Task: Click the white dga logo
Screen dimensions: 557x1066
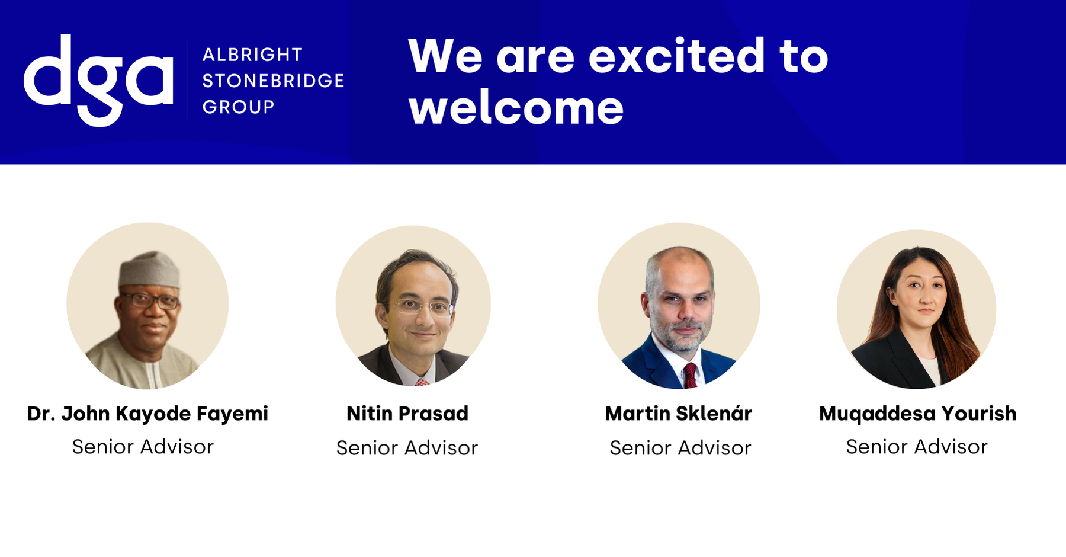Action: coord(98,79)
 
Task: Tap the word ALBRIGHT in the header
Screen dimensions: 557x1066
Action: coord(252,55)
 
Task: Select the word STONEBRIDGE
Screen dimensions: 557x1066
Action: coord(273,81)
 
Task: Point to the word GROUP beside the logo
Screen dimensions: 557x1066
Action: coord(238,107)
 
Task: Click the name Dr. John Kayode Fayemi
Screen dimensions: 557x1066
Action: coord(147,414)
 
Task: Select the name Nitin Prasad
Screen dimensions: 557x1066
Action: coord(407,414)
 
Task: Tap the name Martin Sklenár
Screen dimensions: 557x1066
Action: coord(679,414)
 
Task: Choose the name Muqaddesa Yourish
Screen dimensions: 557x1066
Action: coord(917,414)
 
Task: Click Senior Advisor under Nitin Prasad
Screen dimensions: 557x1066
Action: coord(407,448)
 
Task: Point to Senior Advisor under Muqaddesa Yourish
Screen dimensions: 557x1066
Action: coord(917,447)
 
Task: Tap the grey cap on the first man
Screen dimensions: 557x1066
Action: coord(149,270)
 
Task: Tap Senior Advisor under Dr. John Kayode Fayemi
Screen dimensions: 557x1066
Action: coord(143,447)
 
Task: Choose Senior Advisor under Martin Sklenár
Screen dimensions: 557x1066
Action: coord(680,448)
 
